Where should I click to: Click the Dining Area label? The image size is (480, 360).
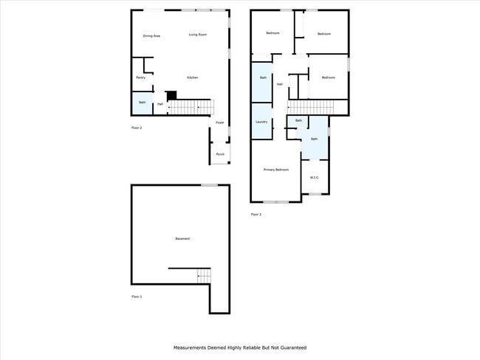(x=151, y=35)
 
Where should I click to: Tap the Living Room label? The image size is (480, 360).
(x=197, y=35)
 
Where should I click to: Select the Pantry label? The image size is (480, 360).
(x=140, y=77)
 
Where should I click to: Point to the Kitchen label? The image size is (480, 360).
(x=192, y=77)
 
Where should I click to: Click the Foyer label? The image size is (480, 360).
(x=219, y=122)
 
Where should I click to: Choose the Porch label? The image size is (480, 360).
(x=220, y=154)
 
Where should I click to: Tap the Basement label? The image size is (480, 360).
(x=182, y=238)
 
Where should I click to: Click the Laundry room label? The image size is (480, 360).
(x=261, y=122)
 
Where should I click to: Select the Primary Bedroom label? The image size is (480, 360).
(x=276, y=170)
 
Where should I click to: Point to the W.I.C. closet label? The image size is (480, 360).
(x=314, y=177)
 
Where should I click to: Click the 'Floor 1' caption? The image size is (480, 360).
(x=137, y=297)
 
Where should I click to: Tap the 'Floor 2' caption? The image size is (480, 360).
(x=137, y=128)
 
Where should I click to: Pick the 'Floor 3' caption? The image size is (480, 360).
(x=256, y=215)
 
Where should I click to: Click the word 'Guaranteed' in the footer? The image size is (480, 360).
(x=291, y=347)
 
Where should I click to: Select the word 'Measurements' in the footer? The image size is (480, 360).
(x=190, y=347)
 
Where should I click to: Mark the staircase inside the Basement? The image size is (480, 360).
(x=204, y=276)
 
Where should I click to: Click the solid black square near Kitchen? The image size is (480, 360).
(x=172, y=95)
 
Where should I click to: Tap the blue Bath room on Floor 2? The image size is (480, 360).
(x=142, y=103)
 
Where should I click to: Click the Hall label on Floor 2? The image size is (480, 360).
(x=160, y=104)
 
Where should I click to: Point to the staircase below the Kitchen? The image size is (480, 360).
(x=191, y=107)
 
